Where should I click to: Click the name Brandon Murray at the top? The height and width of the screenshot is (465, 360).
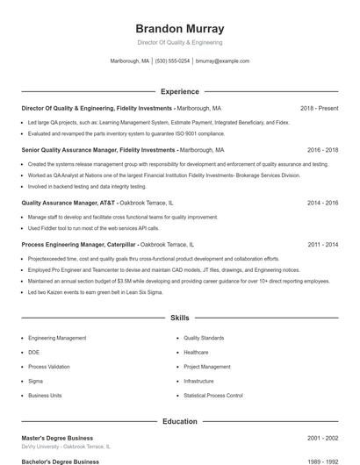180,28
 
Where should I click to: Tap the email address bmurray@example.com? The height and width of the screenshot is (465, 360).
222,61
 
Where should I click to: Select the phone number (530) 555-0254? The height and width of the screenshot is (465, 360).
173,61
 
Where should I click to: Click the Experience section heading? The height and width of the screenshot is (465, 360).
180,91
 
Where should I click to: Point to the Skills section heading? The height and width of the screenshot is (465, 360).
180,318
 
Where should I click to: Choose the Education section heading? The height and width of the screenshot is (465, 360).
180,422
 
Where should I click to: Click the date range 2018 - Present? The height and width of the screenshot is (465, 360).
319,108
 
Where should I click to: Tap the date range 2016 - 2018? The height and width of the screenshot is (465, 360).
322,150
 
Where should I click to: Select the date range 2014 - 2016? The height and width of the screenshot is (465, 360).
322,203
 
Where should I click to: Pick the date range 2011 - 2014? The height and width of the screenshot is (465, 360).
322,244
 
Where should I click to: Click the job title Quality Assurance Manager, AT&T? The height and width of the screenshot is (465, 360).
74,203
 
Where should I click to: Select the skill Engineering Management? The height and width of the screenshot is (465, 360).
57,338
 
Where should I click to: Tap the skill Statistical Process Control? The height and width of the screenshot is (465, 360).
213,396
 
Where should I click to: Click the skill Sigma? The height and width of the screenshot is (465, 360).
35,382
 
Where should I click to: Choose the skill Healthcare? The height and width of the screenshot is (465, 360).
197,353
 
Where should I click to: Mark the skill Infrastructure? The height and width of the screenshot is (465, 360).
198,382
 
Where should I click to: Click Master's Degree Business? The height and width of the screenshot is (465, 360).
57,437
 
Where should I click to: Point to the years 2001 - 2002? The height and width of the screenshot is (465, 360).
322,437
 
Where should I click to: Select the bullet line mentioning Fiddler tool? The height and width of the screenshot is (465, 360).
97,227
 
